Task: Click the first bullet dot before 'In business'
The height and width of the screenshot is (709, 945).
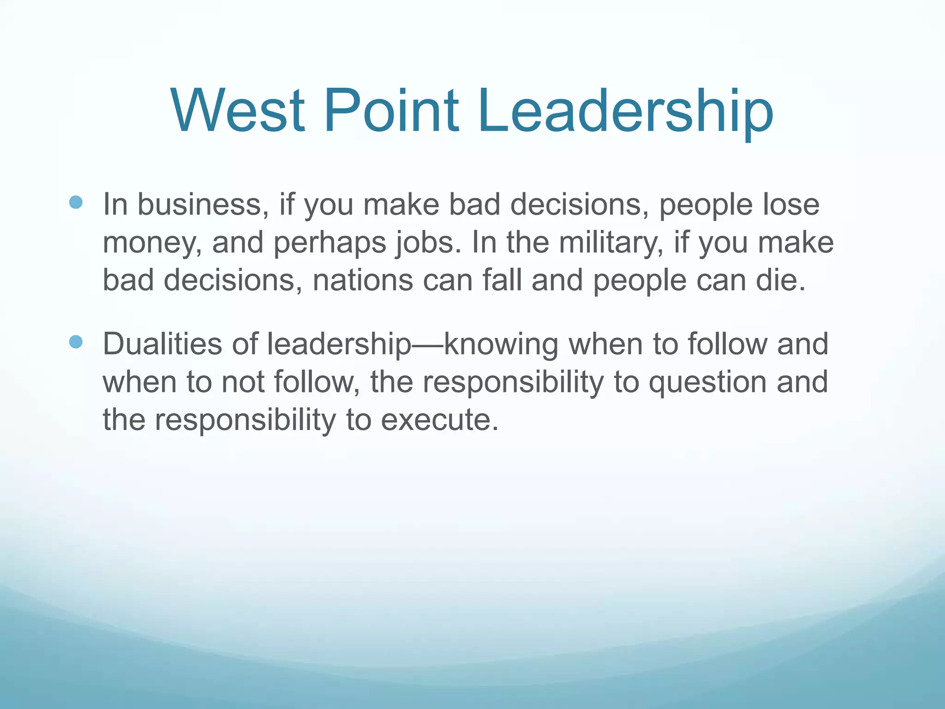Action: click(x=76, y=202)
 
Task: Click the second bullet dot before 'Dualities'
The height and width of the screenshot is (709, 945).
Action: click(x=76, y=342)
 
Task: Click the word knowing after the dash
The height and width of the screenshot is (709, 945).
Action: click(x=501, y=345)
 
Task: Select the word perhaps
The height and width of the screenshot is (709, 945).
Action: click(x=329, y=244)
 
